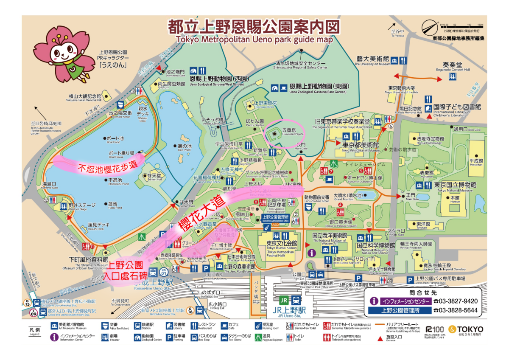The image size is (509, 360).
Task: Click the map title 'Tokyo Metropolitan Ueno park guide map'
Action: pos(254,39)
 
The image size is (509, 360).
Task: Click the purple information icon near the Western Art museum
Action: pos(313,253)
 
